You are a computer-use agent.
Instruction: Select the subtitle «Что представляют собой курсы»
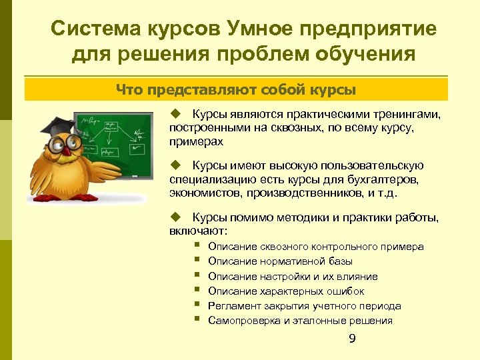pos(236,89)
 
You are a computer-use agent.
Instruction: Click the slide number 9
pos(353,340)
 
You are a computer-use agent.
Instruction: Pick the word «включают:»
pos(198,231)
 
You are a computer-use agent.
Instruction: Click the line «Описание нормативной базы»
pos(280,261)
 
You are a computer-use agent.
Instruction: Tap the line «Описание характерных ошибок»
pos(286,291)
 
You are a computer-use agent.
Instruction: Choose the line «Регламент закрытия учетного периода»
pos(304,306)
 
